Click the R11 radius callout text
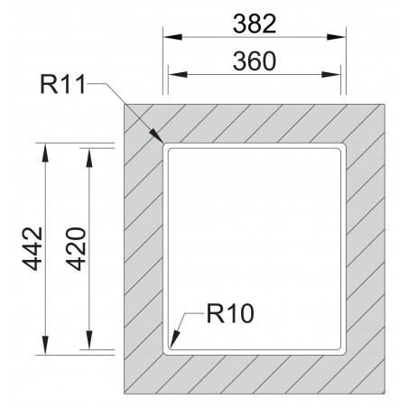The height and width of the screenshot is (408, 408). [65, 88]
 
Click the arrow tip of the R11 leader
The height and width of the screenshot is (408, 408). [163, 144]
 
